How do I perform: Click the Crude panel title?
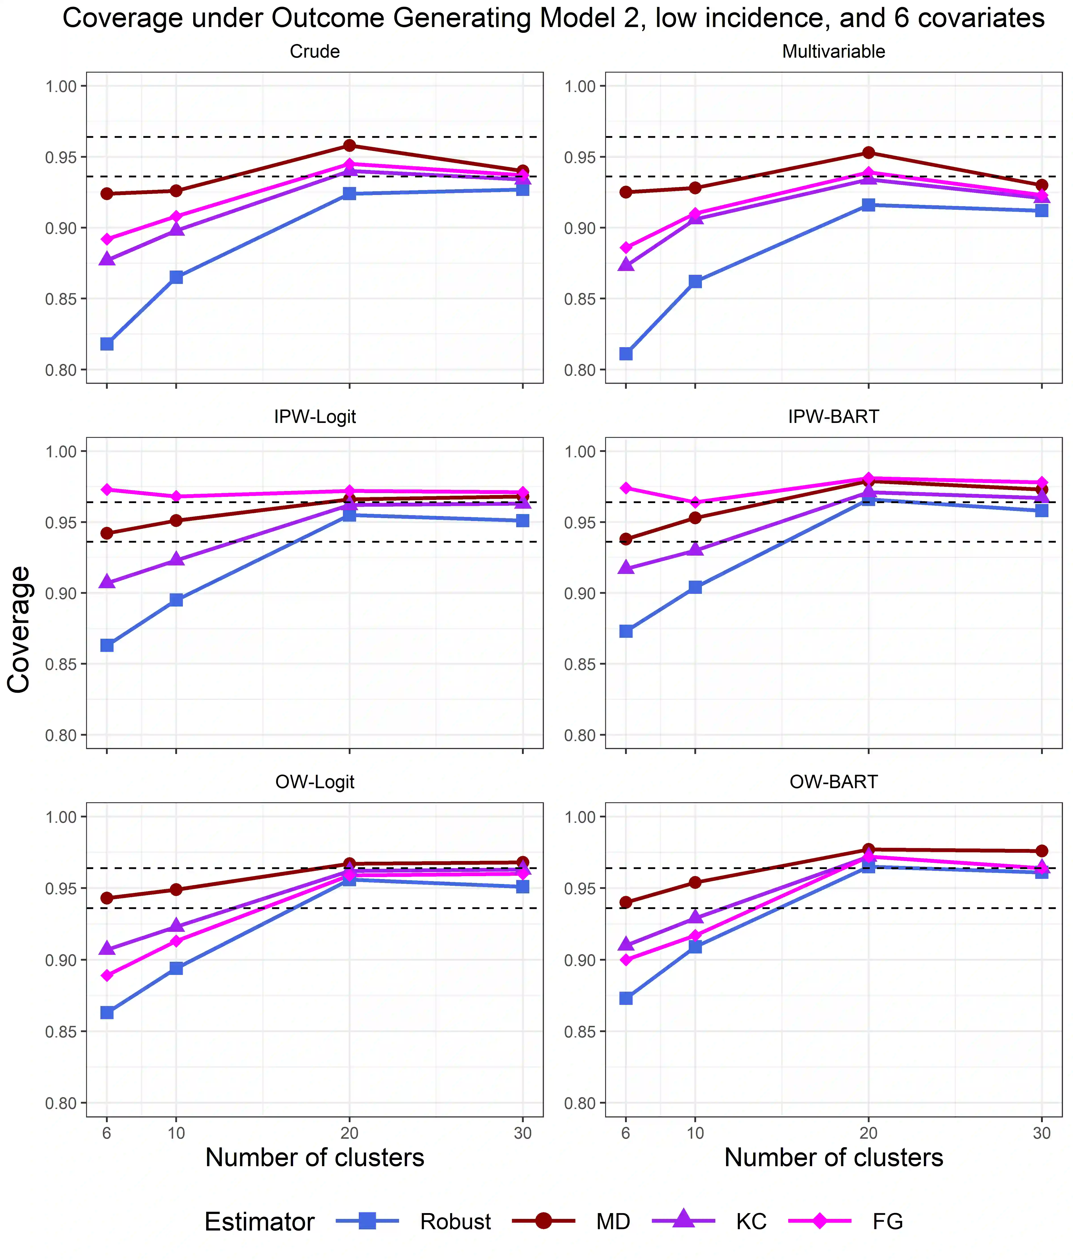tap(315, 52)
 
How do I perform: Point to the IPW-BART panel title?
tap(833, 417)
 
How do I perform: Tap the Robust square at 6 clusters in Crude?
tap(107, 344)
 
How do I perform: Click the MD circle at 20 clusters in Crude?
tap(349, 145)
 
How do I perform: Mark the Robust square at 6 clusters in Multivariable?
tap(626, 354)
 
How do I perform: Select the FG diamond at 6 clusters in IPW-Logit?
tap(107, 489)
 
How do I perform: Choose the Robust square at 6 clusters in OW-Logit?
tap(107, 1012)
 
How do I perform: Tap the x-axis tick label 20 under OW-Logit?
tap(349, 1133)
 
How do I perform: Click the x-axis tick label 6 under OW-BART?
tap(626, 1133)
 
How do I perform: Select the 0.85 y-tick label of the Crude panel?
tap(61, 299)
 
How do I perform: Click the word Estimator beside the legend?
tap(260, 1222)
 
